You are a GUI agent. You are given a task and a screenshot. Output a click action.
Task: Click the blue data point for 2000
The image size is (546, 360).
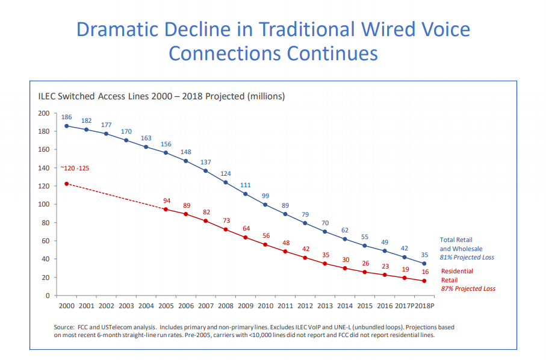coord(66,126)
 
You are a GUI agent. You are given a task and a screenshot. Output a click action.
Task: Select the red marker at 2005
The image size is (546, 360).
coord(166,209)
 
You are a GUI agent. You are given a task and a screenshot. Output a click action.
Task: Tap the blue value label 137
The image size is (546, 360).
coord(206,162)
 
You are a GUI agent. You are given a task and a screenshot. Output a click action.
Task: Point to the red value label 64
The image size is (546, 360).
coord(246,228)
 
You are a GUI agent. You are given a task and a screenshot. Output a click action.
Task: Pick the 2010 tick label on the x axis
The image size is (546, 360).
coord(265,306)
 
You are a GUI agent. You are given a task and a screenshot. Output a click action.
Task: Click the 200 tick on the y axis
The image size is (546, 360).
coord(43,113)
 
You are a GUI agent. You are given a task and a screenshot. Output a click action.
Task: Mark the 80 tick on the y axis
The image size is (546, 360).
coord(45,223)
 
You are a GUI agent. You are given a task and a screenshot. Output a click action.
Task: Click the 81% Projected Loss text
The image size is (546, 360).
coord(467,258)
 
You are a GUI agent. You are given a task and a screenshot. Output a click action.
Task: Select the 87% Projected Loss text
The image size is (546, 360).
coord(468,288)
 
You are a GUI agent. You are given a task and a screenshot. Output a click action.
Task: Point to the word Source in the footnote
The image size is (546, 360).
coord(64,327)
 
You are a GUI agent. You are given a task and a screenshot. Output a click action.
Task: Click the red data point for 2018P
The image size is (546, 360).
coord(424,281)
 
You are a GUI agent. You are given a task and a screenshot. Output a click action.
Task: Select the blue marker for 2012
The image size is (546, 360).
coord(305,223)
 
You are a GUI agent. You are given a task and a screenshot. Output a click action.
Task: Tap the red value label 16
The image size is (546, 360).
coord(425,272)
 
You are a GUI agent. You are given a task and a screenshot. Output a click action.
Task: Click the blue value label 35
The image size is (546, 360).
coord(424,255)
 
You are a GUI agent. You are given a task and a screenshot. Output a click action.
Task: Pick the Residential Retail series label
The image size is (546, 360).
coord(457,275)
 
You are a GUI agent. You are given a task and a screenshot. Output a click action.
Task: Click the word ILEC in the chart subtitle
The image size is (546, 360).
coord(48,96)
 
